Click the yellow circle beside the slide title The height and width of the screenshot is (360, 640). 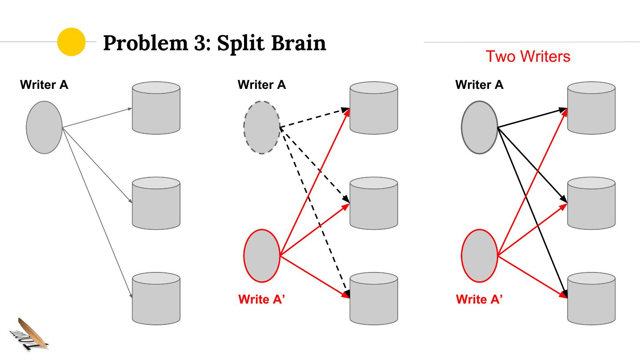click(x=71, y=42)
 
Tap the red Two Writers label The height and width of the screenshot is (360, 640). click(x=528, y=56)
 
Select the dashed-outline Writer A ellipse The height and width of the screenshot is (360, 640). click(x=262, y=128)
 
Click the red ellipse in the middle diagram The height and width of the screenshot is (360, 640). click(x=262, y=256)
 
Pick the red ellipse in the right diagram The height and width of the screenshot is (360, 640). click(x=479, y=256)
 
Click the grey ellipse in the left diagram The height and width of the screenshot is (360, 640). click(x=44, y=128)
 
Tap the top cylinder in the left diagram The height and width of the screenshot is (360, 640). click(x=156, y=108)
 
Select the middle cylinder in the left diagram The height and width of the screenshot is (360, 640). click(x=156, y=203)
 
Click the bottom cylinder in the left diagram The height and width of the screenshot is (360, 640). click(x=156, y=298)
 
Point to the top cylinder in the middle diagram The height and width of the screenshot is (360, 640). click(x=374, y=108)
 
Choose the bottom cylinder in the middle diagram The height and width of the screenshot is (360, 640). click(x=374, y=298)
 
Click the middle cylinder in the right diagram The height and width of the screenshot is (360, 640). click(x=592, y=203)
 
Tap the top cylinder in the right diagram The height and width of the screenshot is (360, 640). click(x=592, y=108)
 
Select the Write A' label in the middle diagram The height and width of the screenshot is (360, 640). click(x=261, y=300)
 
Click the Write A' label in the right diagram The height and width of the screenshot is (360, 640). click(x=479, y=300)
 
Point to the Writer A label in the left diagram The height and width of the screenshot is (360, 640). click(x=44, y=85)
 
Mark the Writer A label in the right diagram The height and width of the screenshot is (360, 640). click(x=479, y=85)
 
